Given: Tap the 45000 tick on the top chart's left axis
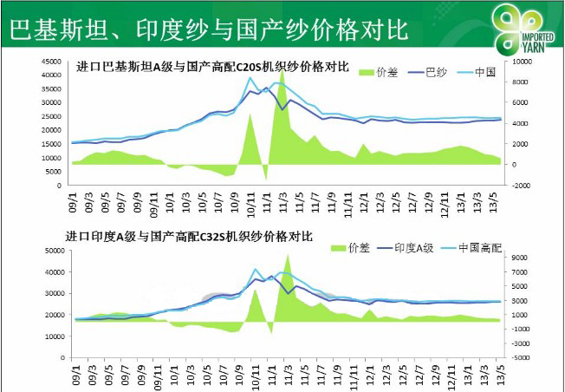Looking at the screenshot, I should pyautogui.click(x=49, y=62).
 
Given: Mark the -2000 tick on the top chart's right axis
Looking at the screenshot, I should pyautogui.click(x=523, y=185).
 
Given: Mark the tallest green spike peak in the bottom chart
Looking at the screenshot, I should pyautogui.click(x=288, y=255).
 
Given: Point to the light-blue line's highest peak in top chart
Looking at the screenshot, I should pyautogui.click(x=250, y=78).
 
